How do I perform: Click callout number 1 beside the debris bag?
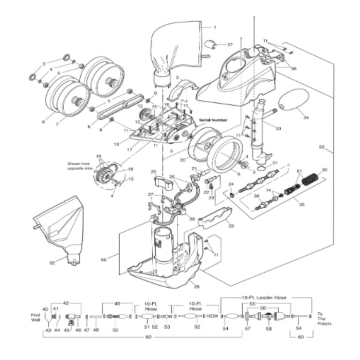[x=214, y=27]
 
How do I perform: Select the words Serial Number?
[x=212, y=120]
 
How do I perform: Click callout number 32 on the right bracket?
[x=322, y=147]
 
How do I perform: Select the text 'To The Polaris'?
[x=323, y=318]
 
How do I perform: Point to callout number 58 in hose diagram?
[x=269, y=330]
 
